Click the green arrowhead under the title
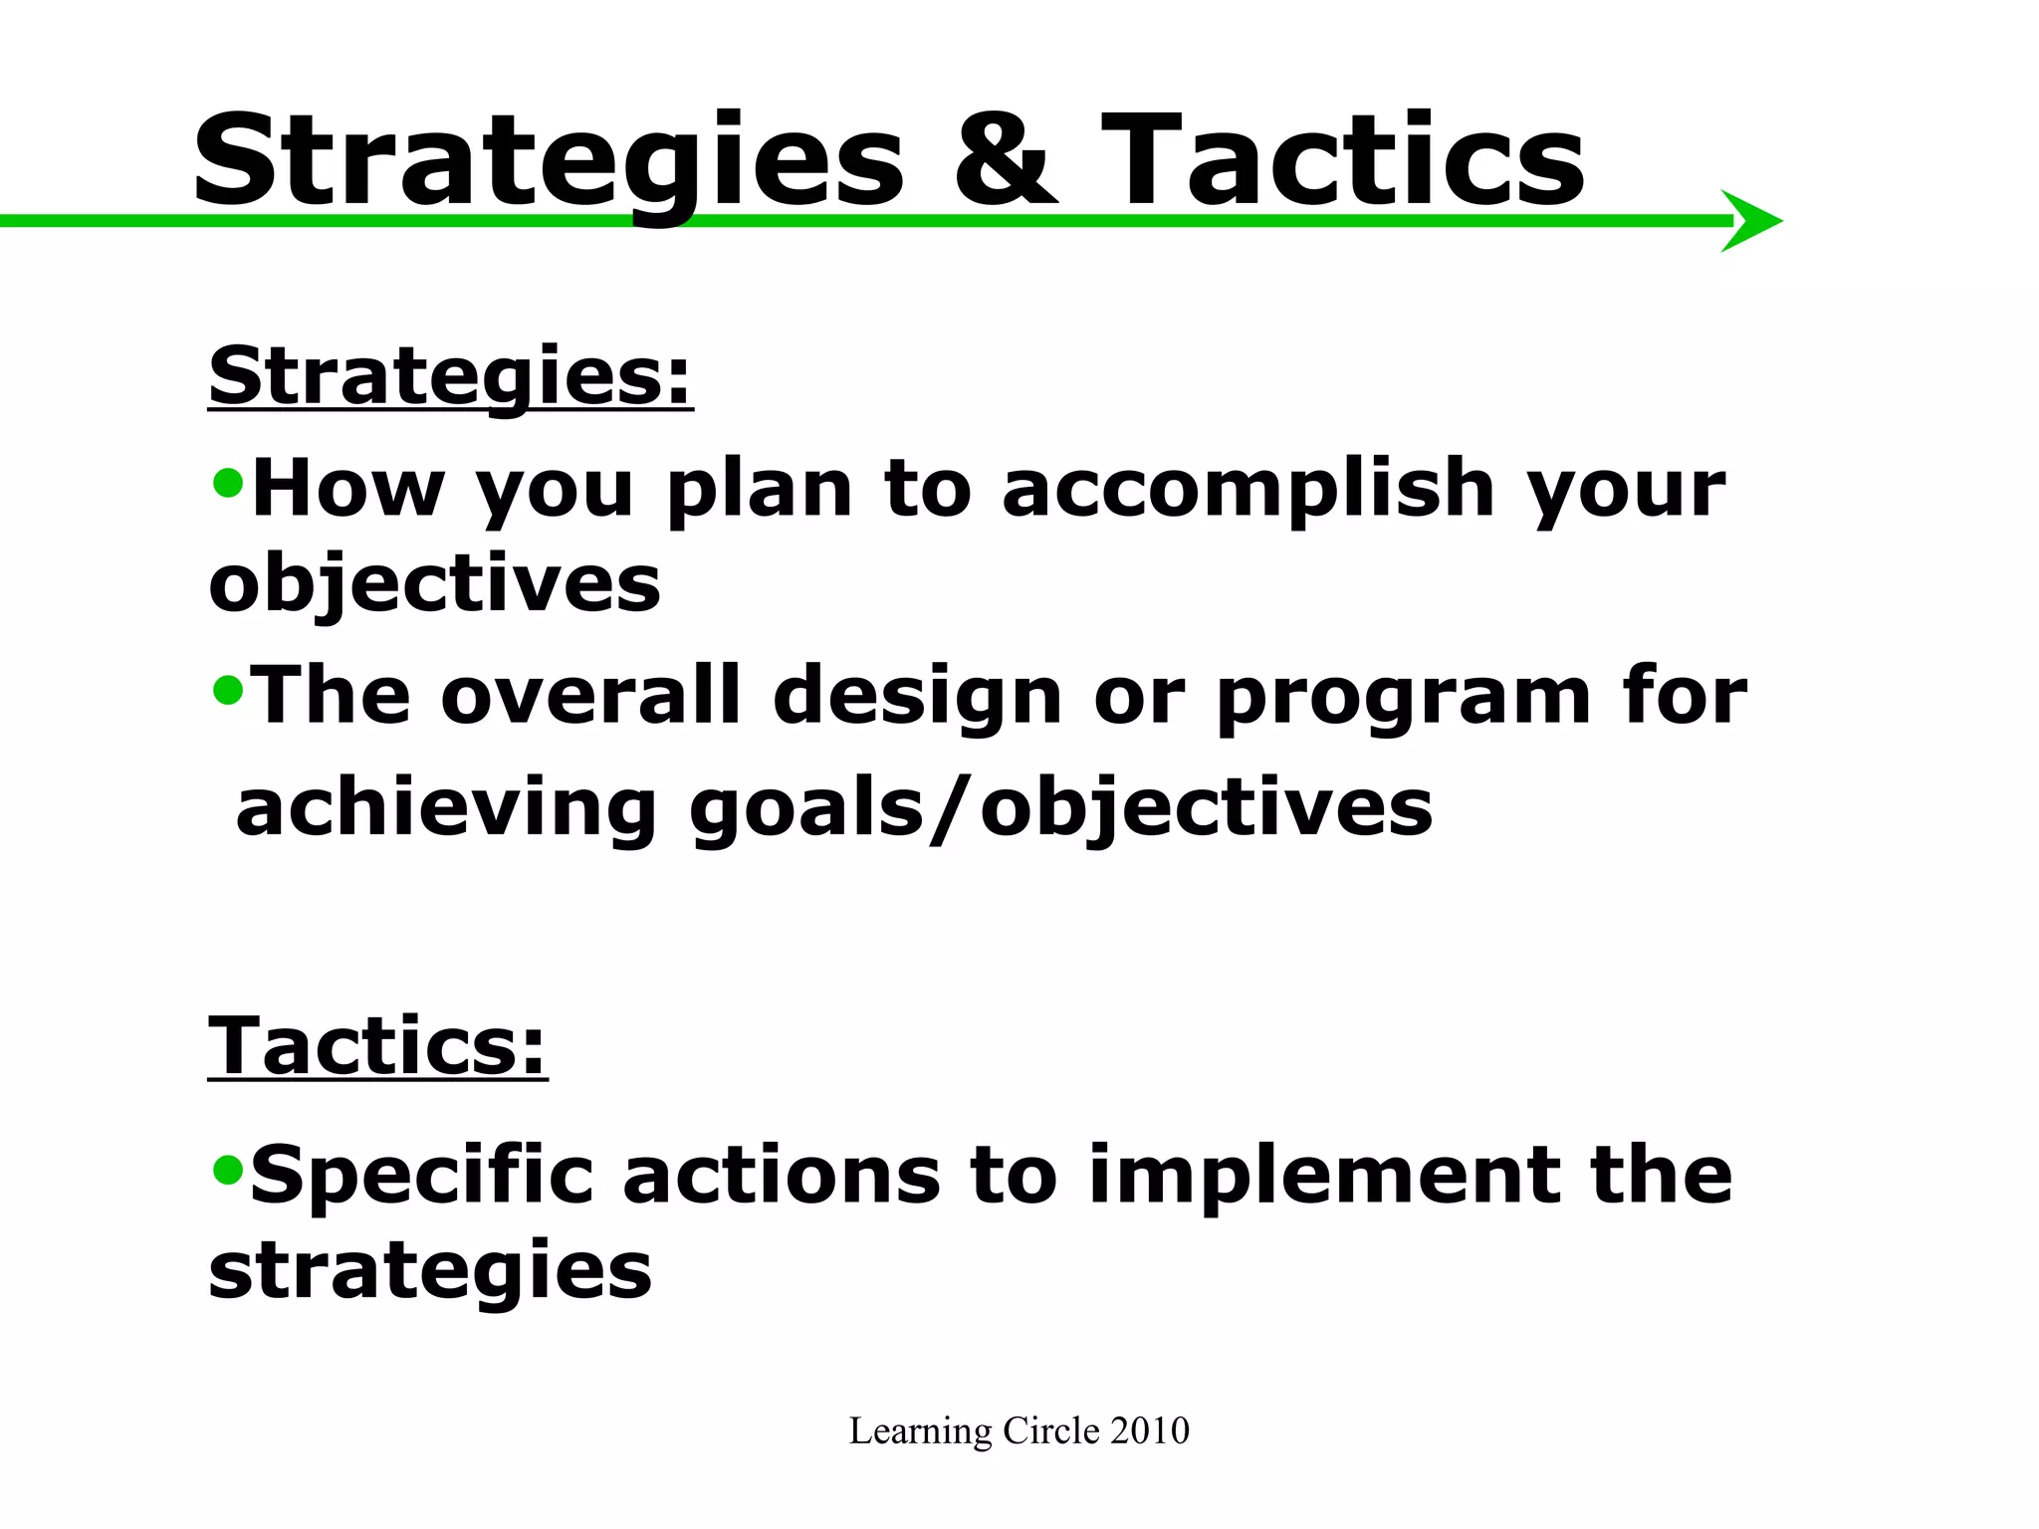(x=1748, y=221)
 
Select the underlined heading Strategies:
(x=450, y=376)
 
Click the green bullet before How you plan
(x=228, y=484)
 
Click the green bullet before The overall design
(x=228, y=690)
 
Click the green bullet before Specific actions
(x=228, y=1171)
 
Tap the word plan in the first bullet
(x=760, y=490)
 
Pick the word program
(x=1404, y=697)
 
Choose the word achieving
(x=446, y=808)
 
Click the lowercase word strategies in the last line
(x=430, y=1272)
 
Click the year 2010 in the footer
(x=1150, y=1430)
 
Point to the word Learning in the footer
(x=920, y=1432)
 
